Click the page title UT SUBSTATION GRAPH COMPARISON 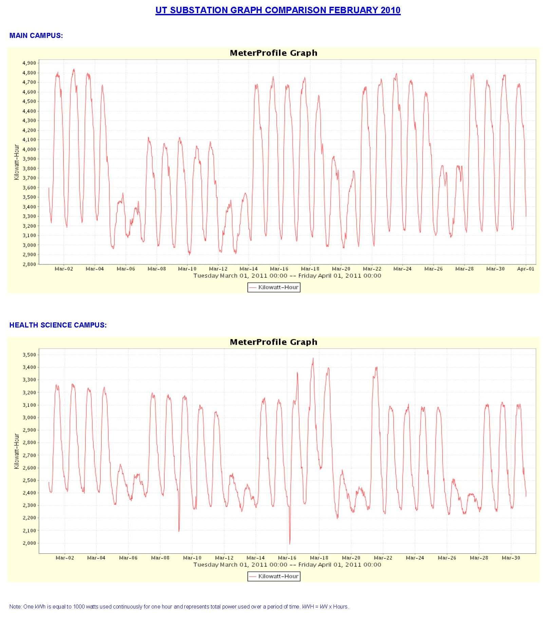(x=278, y=10)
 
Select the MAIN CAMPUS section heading (x=36, y=36)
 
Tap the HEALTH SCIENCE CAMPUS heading (x=58, y=325)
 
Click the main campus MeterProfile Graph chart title (x=274, y=53)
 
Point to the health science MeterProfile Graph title (x=274, y=342)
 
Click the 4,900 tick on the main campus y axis (x=29, y=63)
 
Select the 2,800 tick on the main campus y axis (x=29, y=264)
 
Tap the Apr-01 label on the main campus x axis (x=526, y=269)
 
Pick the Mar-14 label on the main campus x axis (x=248, y=269)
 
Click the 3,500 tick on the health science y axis (x=29, y=355)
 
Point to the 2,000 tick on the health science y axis (x=29, y=543)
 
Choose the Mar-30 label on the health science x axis (x=511, y=558)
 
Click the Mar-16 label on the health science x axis (x=287, y=558)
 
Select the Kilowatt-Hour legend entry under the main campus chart (x=274, y=287)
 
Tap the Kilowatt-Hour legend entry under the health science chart (x=274, y=577)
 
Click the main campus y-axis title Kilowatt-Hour (x=17, y=162)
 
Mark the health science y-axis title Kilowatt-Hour (x=17, y=451)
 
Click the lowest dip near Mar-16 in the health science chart (x=289, y=544)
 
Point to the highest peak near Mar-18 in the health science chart (x=313, y=358)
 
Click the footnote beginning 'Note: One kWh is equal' (x=179, y=607)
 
